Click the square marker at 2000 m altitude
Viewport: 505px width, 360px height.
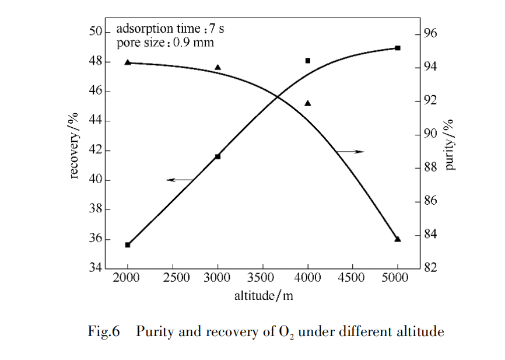point(128,245)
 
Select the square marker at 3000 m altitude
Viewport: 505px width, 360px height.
point(218,156)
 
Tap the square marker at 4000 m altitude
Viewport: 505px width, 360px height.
point(308,61)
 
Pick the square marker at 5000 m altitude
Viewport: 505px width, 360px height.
point(398,48)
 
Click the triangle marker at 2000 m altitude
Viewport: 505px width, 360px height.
point(128,62)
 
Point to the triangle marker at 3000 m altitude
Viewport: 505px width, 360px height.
point(218,68)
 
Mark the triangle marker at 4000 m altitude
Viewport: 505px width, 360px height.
point(308,103)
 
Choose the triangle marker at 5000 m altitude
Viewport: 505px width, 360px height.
point(398,239)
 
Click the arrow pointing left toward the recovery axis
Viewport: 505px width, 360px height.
point(180,180)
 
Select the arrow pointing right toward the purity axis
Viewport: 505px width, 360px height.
point(350,152)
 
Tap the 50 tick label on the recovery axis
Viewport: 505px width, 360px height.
point(95,32)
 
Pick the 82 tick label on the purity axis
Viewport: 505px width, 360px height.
point(430,268)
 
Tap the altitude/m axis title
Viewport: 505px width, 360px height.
point(264,296)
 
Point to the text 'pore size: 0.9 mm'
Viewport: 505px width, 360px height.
point(165,43)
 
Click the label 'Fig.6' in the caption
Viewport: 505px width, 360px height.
point(104,332)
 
